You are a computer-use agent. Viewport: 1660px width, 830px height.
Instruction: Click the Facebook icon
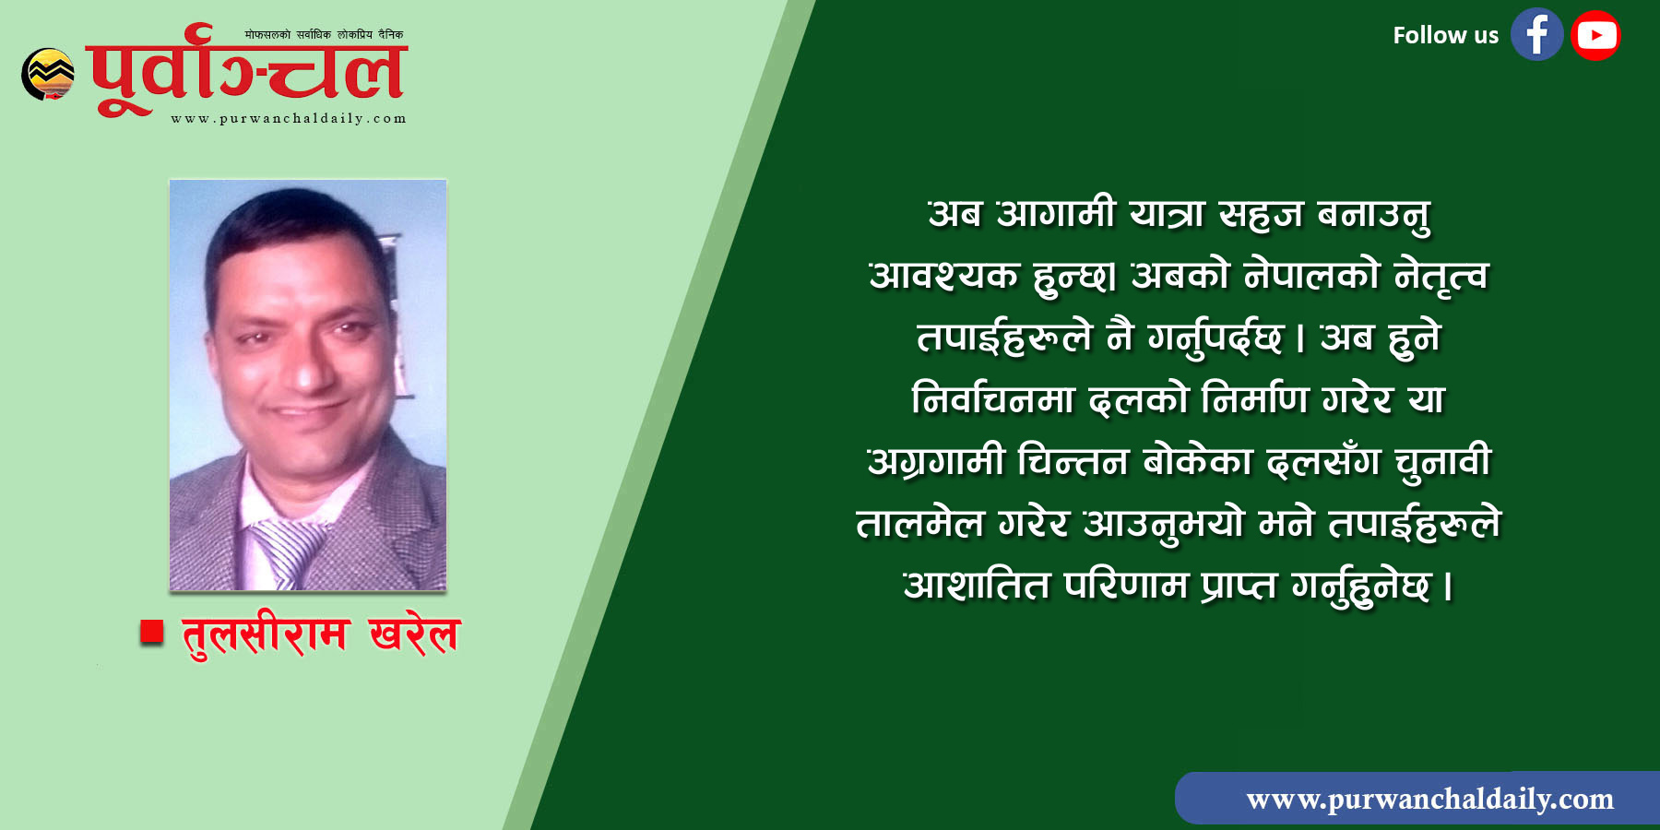point(1536,35)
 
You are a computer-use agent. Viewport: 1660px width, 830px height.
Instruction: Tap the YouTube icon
point(1595,35)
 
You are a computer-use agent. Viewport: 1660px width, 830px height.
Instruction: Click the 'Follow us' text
point(1445,36)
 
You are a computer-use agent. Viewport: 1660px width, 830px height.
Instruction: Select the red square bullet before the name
point(151,632)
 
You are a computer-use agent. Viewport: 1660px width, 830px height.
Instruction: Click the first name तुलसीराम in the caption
point(266,634)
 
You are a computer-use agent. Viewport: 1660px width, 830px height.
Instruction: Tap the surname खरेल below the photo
point(414,634)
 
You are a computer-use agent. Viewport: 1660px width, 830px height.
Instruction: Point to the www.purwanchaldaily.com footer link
point(1429,799)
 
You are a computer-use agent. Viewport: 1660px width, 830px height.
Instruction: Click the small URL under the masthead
point(289,118)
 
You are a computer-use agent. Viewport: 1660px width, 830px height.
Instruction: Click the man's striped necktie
point(287,552)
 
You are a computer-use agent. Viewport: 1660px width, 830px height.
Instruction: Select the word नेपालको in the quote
point(1310,275)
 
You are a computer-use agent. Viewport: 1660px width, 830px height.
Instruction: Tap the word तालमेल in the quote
point(919,524)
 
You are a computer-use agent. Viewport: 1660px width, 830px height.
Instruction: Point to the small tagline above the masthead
point(324,35)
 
